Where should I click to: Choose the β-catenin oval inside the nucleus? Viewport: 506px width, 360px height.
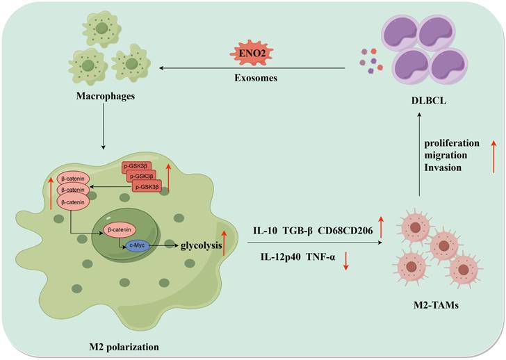tap(119, 228)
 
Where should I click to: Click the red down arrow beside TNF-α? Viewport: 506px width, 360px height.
tap(346, 261)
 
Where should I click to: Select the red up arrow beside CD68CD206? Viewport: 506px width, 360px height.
tap(381, 227)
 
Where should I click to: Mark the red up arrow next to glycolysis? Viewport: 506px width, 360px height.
tap(223, 243)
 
